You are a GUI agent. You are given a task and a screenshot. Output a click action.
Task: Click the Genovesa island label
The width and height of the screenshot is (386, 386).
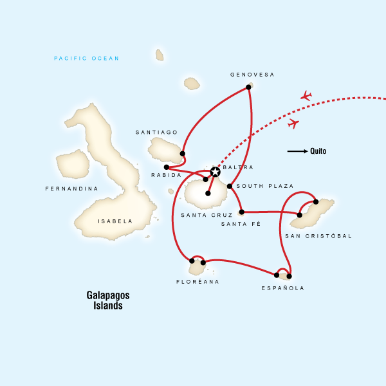[x=252, y=75]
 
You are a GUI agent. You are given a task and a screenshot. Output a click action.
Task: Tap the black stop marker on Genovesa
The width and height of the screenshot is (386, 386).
[x=248, y=87]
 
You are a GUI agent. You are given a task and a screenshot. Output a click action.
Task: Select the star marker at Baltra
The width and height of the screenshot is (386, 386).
[x=215, y=172]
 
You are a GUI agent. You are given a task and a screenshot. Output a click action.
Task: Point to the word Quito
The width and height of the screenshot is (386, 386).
[x=318, y=152]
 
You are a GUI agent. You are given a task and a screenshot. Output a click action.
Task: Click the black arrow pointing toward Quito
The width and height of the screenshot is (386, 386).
[x=297, y=152]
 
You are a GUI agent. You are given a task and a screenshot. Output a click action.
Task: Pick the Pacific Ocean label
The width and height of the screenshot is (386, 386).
[x=87, y=59]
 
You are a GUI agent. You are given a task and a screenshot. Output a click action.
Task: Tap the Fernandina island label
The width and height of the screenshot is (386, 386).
[x=71, y=189]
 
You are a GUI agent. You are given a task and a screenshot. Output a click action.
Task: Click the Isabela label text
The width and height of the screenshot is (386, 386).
[x=115, y=221]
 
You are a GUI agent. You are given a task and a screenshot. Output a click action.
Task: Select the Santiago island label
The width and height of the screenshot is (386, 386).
[x=156, y=133]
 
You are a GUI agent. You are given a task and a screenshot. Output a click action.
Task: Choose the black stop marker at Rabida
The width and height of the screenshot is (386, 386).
[x=166, y=167]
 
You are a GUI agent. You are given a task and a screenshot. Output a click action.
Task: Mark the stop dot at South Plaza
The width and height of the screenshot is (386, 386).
[x=230, y=186]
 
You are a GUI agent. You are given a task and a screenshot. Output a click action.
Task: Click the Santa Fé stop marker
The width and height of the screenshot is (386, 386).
[x=241, y=212]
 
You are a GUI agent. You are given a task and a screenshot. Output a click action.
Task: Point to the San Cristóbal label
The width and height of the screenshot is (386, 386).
[x=318, y=236]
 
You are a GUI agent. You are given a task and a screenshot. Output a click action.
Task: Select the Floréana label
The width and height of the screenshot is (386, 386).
[x=198, y=282]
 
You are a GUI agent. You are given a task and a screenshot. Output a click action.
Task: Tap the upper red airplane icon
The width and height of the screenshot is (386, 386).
[x=306, y=96]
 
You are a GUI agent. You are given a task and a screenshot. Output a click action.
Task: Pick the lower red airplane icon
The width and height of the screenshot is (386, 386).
[x=293, y=123]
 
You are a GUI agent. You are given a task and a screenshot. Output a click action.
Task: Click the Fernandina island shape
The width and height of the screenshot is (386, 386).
[x=72, y=163]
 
